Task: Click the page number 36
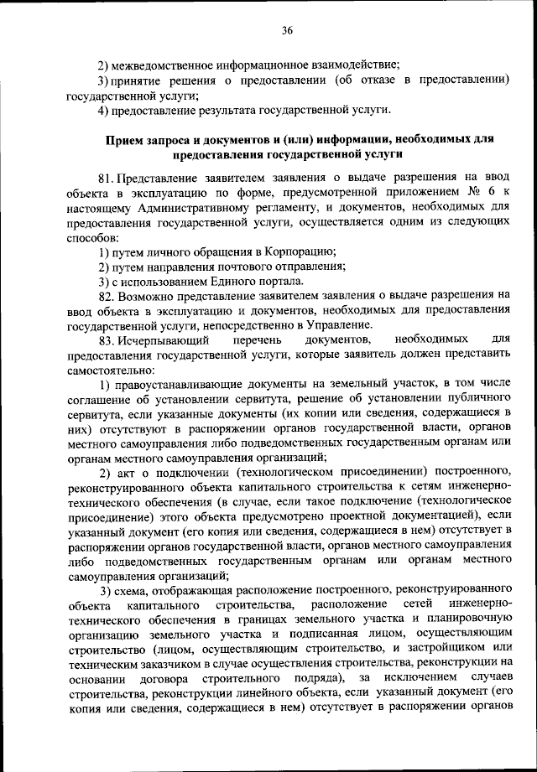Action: [x=286, y=31]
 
